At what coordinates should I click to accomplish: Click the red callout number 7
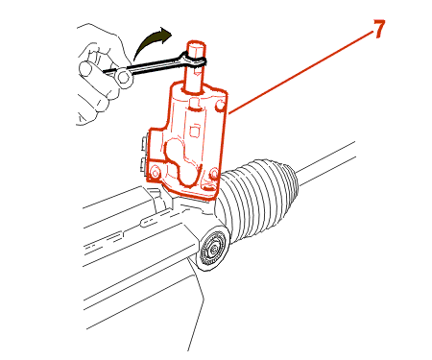(x=378, y=29)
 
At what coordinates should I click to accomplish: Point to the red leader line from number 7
(x=300, y=73)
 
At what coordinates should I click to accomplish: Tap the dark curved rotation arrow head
(x=165, y=34)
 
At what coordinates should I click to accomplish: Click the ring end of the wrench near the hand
(x=124, y=77)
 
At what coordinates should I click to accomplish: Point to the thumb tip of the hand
(x=84, y=69)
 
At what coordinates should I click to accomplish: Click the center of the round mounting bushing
(x=213, y=248)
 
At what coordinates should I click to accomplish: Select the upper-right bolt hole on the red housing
(x=220, y=106)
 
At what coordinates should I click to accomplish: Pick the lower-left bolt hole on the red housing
(x=156, y=173)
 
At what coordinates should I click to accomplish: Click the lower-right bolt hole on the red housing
(x=214, y=175)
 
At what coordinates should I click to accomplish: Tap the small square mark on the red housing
(x=194, y=132)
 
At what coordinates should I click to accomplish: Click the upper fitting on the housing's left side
(x=144, y=144)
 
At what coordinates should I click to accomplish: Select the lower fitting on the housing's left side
(x=144, y=166)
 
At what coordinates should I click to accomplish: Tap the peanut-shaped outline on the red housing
(x=183, y=162)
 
